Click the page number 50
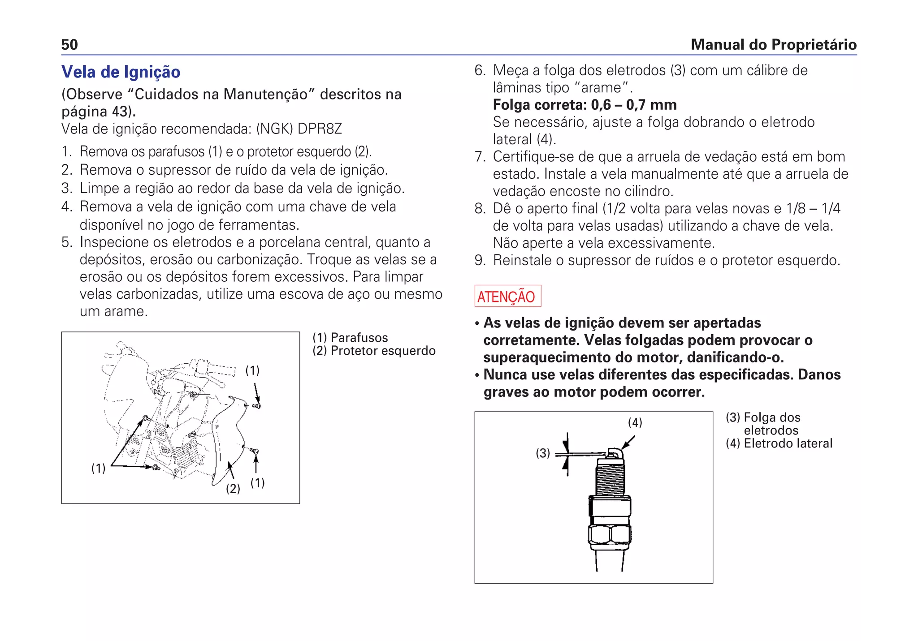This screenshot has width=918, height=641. (x=69, y=45)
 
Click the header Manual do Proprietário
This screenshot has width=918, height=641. (x=773, y=45)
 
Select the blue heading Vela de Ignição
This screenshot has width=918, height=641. (x=121, y=72)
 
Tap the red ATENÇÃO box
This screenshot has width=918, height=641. (x=507, y=296)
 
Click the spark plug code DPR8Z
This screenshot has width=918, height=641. (x=320, y=129)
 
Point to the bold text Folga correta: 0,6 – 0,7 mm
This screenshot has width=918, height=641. (x=585, y=105)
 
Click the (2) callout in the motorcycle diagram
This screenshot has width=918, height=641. (x=233, y=488)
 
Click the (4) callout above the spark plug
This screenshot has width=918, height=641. (x=635, y=422)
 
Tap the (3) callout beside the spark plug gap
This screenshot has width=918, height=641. (x=543, y=453)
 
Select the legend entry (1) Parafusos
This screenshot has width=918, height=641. (x=350, y=338)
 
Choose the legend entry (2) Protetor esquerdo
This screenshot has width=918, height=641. (x=374, y=351)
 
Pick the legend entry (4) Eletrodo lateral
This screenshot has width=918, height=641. (x=779, y=443)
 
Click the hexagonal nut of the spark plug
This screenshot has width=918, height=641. (x=610, y=534)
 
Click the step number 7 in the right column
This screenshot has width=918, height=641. (x=480, y=157)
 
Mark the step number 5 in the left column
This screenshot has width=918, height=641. (x=66, y=242)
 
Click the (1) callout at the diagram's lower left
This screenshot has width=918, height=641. (x=98, y=469)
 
